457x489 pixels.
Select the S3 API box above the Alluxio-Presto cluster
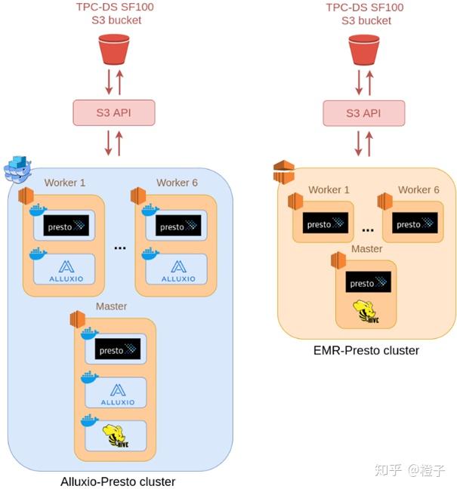113,113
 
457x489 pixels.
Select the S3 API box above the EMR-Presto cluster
363,113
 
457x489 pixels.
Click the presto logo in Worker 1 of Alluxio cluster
66,226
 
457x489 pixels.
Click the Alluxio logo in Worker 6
178,269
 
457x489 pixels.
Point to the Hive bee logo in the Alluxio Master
116,436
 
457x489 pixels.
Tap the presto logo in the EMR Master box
368,282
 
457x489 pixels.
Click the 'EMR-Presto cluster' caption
366,350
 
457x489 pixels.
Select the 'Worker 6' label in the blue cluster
177,183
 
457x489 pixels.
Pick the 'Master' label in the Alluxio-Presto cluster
111,306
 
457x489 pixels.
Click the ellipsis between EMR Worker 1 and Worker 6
368,229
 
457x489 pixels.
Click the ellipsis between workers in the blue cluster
119,247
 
